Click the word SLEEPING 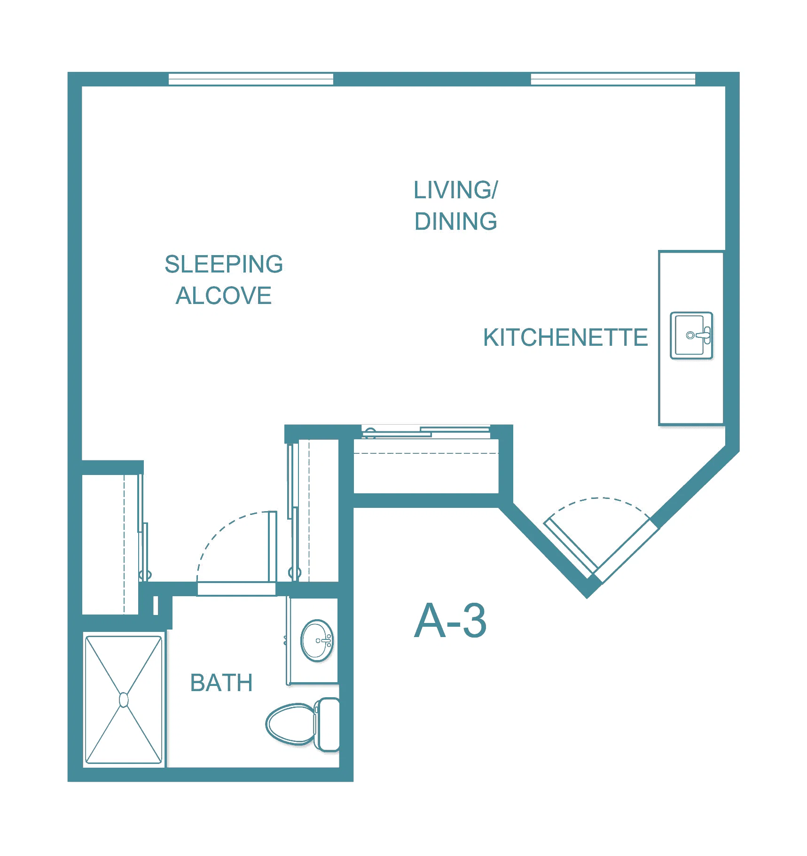[x=224, y=264]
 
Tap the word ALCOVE [x=224, y=296]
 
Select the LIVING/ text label [x=455, y=190]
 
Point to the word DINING [x=455, y=221]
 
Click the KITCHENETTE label [x=565, y=337]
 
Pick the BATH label [x=221, y=683]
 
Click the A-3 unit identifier [x=450, y=621]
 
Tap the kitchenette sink [x=691, y=335]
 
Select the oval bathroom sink [x=317, y=640]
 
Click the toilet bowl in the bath [x=290, y=724]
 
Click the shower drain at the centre [x=124, y=700]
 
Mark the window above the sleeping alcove [x=251, y=79]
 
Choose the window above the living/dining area [x=613, y=79]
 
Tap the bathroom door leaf [x=272, y=546]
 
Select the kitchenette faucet [x=700, y=335]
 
